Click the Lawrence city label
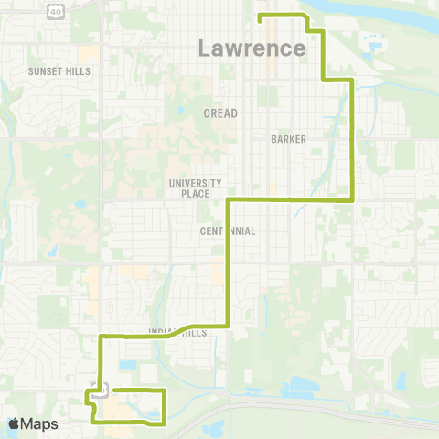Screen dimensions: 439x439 click(x=252, y=48)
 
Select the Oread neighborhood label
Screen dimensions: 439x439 click(x=219, y=113)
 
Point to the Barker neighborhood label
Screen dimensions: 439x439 click(x=288, y=139)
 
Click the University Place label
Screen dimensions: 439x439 click(x=189, y=188)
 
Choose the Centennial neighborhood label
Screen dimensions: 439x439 click(x=228, y=231)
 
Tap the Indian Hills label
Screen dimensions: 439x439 click(x=177, y=333)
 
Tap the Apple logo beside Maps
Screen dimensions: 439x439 click(x=14, y=423)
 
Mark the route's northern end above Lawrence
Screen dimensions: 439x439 click(x=261, y=17)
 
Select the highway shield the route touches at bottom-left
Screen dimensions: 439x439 click(x=101, y=389)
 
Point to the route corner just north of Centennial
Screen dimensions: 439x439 click(x=227, y=199)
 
